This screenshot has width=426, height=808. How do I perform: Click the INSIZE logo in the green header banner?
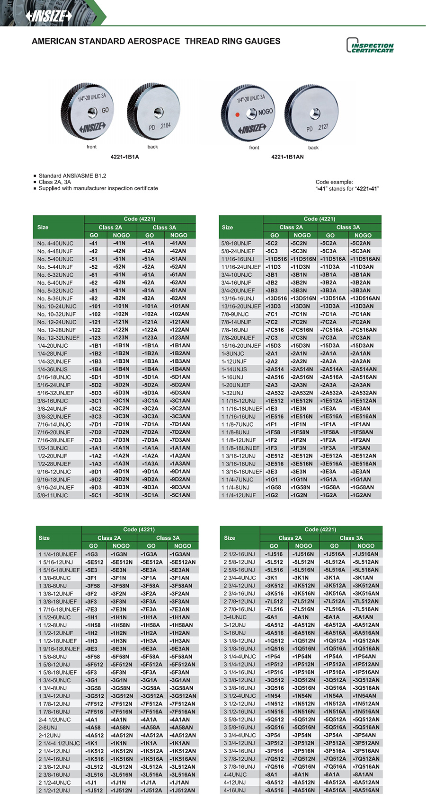point(49,16)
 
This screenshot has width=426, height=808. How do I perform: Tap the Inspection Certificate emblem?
point(370,45)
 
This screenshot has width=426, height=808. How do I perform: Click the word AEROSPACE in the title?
point(146,41)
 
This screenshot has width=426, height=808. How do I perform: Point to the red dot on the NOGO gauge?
point(238,114)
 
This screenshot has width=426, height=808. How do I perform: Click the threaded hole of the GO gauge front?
point(92,112)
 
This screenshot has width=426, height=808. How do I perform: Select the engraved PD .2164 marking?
point(160,127)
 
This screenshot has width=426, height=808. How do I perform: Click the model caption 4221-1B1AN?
point(287,157)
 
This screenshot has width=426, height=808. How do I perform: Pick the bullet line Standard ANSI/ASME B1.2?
point(72,176)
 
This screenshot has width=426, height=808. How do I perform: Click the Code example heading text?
point(334,182)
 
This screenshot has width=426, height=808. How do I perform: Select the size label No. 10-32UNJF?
point(56,314)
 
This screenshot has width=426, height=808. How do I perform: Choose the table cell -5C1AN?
point(180,495)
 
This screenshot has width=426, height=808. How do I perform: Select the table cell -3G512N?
point(122,696)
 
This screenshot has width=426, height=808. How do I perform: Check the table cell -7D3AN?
point(180,440)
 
